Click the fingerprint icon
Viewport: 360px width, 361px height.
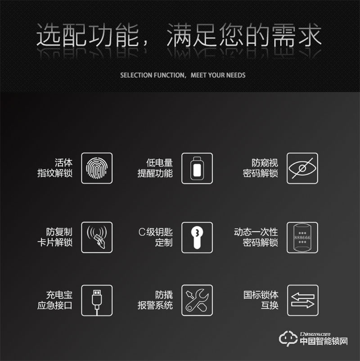(x=97, y=168)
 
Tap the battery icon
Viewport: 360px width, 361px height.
(x=197, y=168)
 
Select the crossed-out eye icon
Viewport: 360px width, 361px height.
(x=302, y=168)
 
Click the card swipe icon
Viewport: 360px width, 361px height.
(x=97, y=237)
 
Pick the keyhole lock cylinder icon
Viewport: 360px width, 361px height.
(x=197, y=237)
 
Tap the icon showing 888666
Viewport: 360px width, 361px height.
(x=302, y=237)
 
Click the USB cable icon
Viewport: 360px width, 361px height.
(x=97, y=300)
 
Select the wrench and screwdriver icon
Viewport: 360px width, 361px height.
(x=197, y=300)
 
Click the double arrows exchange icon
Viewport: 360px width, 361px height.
(x=302, y=300)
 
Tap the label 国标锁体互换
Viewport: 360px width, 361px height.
(x=261, y=300)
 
